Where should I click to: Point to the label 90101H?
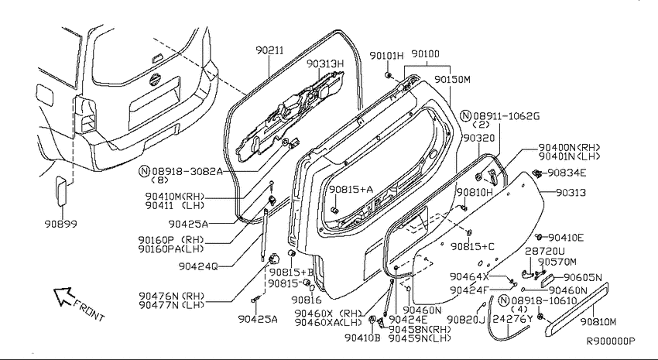point(386,56)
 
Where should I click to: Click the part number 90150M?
point(452,79)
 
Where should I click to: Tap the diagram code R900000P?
point(610,341)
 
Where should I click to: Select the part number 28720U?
point(545,252)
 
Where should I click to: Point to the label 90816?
point(306,300)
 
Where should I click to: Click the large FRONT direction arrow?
point(61,295)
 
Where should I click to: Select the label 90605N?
point(583,276)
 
